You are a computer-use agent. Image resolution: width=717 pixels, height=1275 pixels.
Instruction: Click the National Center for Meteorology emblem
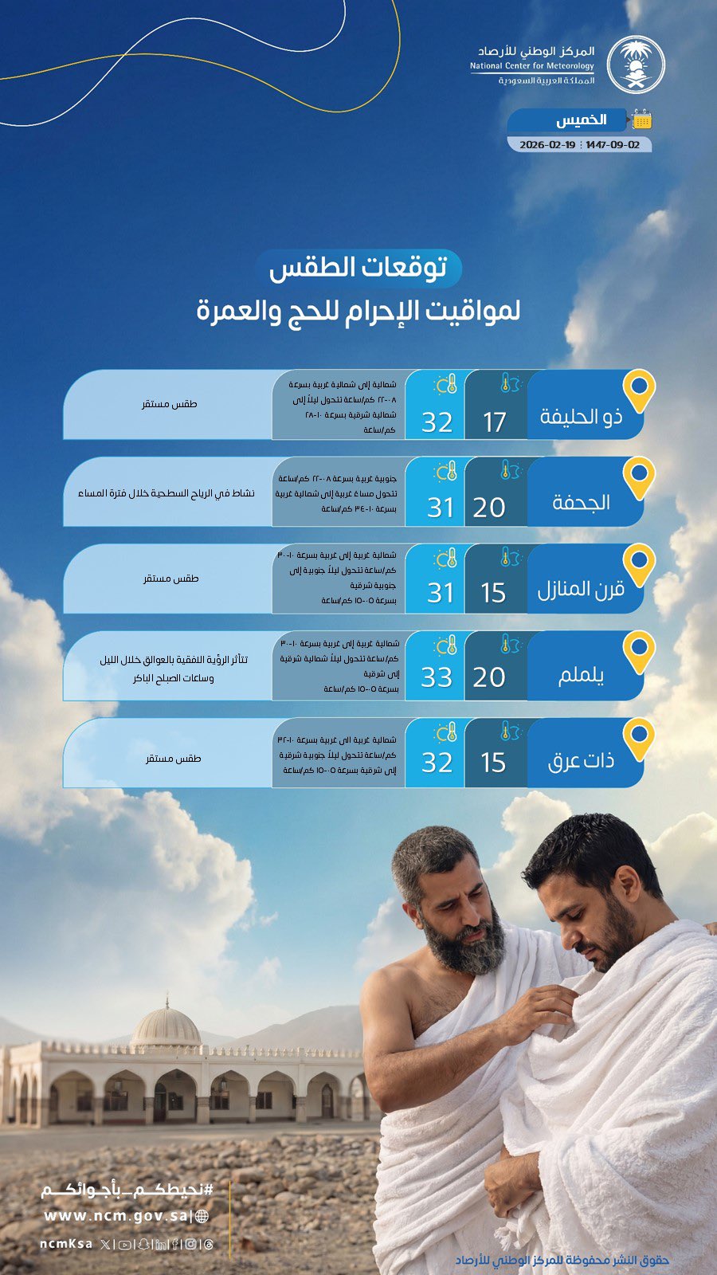tap(635, 65)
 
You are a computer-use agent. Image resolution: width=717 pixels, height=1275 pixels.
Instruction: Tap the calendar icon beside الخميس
tap(641, 120)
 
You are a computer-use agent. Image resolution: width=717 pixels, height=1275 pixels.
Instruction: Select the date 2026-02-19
tap(547, 145)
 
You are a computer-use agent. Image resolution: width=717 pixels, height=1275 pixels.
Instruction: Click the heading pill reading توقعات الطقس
tap(358, 268)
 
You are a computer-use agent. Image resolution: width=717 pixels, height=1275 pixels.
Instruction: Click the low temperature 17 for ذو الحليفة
tap(495, 422)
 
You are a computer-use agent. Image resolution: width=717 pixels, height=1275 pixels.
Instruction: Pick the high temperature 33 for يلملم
tap(437, 677)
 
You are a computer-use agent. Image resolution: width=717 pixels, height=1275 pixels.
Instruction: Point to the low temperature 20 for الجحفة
tap(489, 507)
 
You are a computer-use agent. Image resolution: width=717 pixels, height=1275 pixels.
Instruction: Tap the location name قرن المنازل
tap(581, 590)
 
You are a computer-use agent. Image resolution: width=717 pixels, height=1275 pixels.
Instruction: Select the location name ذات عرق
tap(581, 762)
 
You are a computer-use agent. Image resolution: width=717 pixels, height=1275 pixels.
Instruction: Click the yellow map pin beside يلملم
tap(638, 651)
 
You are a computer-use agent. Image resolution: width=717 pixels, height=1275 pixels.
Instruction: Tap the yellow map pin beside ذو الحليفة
tap(638, 390)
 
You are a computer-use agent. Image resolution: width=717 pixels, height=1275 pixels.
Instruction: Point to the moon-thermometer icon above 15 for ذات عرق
tap(508, 731)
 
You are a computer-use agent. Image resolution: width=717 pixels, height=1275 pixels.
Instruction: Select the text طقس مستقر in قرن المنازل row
tap(170, 579)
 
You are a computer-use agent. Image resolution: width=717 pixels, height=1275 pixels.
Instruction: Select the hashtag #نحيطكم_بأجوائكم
tap(127, 1191)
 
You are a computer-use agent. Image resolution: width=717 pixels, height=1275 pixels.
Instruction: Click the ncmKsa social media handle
tap(65, 1244)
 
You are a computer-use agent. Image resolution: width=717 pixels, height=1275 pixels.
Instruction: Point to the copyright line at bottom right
tap(562, 1260)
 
